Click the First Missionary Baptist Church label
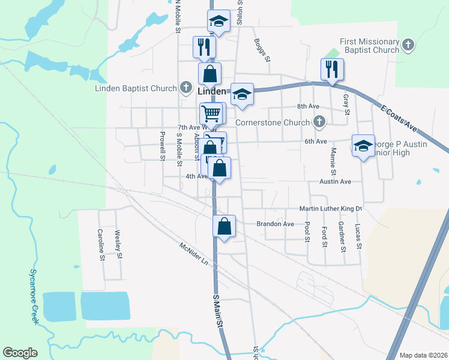[369, 46]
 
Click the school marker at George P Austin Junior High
[363, 146]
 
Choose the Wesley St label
[119, 245]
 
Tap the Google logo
[20, 353]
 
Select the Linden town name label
[212, 91]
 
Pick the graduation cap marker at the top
[219, 22]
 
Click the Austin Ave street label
[335, 181]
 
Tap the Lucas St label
[358, 237]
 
